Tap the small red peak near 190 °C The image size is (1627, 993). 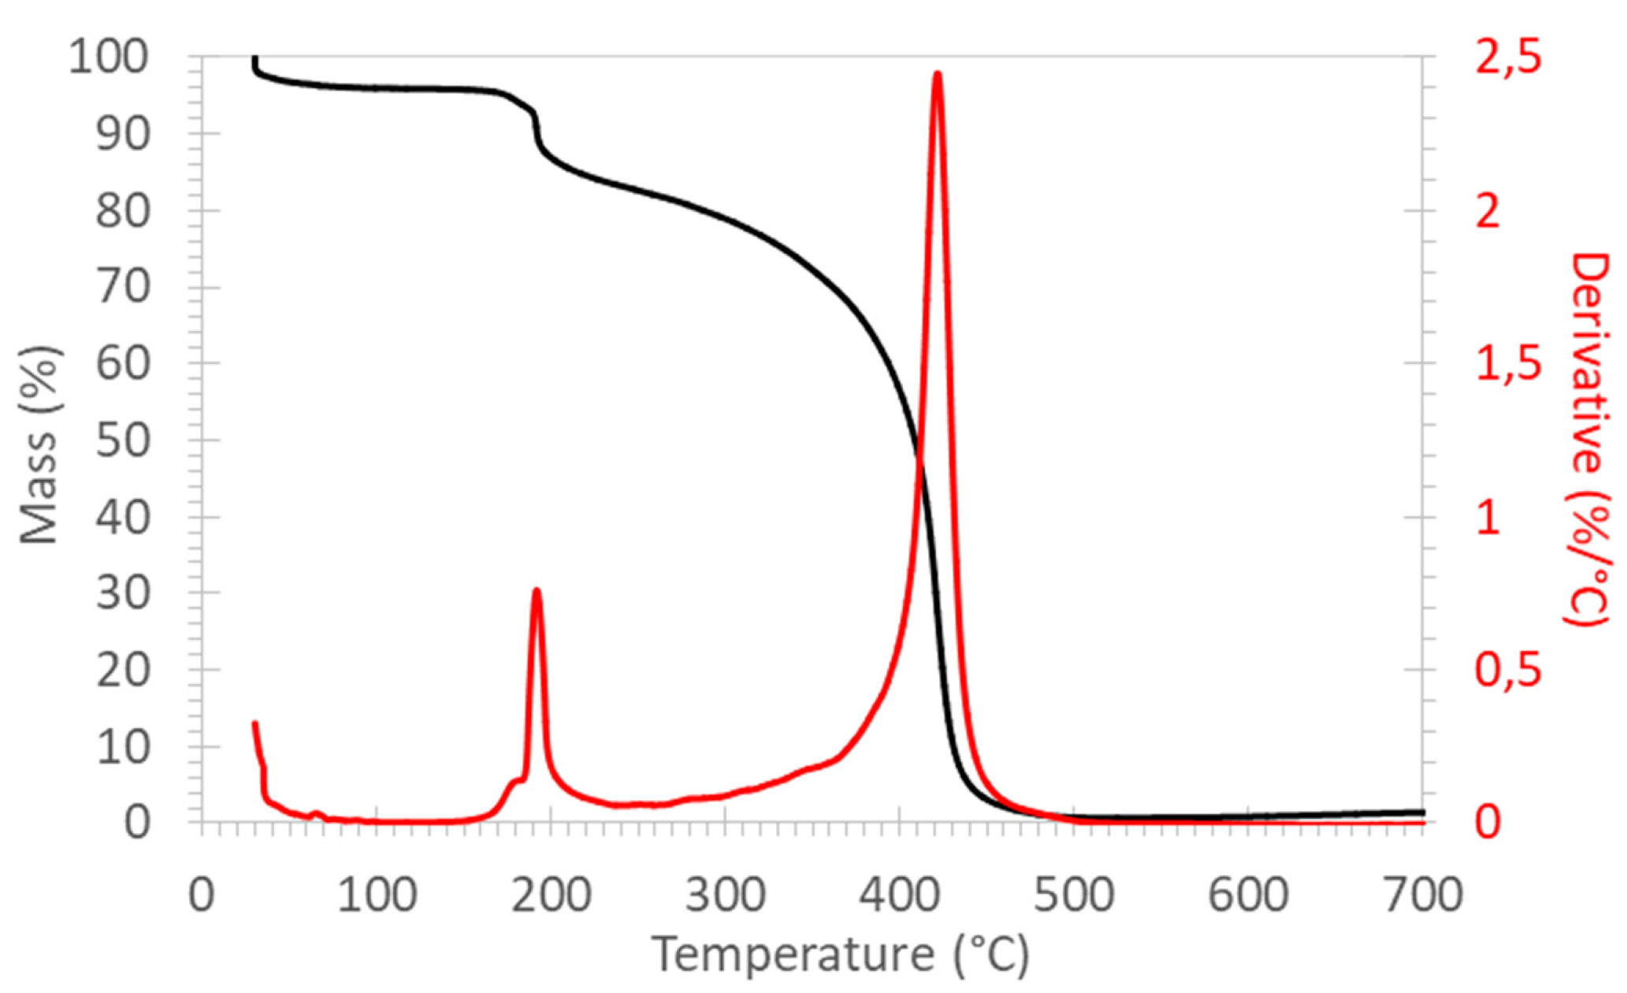pyautogui.click(x=537, y=590)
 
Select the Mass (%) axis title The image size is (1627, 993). pyautogui.click(x=39, y=445)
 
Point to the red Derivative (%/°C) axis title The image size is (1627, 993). pyautogui.click(x=1587, y=439)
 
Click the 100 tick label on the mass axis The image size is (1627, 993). pyautogui.click(x=109, y=58)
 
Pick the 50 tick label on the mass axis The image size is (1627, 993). pyautogui.click(x=122, y=440)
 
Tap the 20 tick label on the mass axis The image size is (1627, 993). pyautogui.click(x=122, y=671)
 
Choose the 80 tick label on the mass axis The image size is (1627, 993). pyautogui.click(x=122, y=210)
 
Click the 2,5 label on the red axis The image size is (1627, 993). pyautogui.click(x=1508, y=58)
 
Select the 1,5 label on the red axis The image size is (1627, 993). pyautogui.click(x=1508, y=363)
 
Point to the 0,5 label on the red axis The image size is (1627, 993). pyautogui.click(x=1508, y=670)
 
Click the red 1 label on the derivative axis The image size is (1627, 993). pyautogui.click(x=1488, y=518)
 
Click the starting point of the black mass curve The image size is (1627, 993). pyautogui.click(x=254, y=58)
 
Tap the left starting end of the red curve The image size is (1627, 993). pyautogui.click(x=254, y=723)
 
